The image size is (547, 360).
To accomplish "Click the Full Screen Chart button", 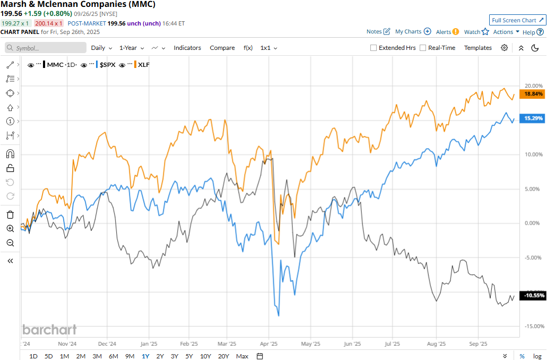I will point(517,20).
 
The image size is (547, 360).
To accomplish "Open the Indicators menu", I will point(187,48).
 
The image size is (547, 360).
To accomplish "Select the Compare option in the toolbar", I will point(222,48).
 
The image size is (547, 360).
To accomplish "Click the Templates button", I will point(478,48).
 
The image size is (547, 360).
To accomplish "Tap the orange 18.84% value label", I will point(533,93).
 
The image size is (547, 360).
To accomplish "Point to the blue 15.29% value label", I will point(533,118).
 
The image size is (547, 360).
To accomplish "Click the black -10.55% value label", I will point(533,296).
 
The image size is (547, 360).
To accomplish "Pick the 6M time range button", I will point(113,356).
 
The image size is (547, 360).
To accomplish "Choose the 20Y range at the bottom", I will point(223,356).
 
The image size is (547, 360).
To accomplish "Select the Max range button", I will point(242,356).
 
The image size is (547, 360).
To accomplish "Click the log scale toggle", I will point(537,356).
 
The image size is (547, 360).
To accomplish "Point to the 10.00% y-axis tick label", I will point(533,155).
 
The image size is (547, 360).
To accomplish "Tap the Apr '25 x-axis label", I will point(270,344).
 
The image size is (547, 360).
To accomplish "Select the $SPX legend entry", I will point(108,65).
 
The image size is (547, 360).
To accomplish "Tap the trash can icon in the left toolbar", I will point(10,215).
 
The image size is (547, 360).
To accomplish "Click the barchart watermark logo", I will point(49,329).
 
